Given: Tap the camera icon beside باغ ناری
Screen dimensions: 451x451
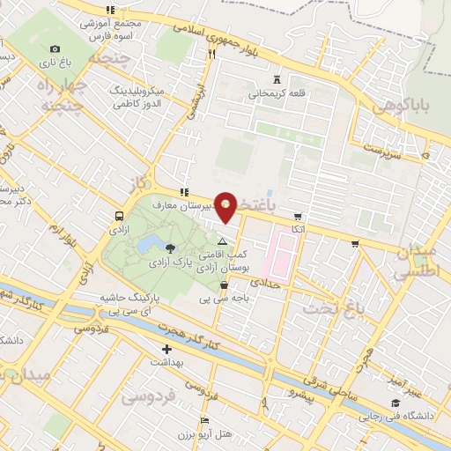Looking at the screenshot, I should pos(55,48).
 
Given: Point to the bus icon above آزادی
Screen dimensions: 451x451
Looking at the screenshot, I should pos(118,215).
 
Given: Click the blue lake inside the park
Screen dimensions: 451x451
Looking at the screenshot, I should pos(150,241).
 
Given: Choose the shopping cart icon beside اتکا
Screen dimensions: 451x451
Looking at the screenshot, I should pos(298,216).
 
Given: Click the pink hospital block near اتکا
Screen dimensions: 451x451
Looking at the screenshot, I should pos(284,249).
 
